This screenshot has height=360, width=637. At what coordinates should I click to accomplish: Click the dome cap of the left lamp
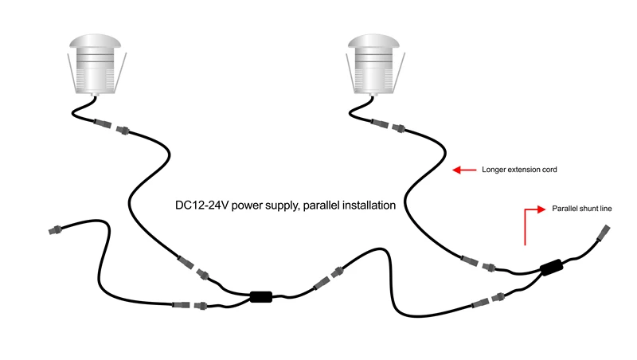pos(95,41)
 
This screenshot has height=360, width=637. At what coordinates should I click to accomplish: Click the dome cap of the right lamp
pos(373,41)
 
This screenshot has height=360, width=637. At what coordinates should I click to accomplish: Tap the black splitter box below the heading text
pos(261,296)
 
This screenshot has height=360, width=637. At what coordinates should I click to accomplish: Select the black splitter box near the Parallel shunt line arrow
pos(551,268)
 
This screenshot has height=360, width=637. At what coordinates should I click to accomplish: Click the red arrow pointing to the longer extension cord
pos(464,170)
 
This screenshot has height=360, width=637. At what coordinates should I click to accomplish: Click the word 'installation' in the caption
pos(369,205)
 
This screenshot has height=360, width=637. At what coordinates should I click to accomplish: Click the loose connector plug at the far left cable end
pos(55,230)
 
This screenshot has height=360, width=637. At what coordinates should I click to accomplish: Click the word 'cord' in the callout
pos(549,170)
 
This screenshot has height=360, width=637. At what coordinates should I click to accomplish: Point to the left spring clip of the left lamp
pos(71,72)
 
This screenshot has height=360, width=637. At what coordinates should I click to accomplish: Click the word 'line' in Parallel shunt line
pos(606,209)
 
